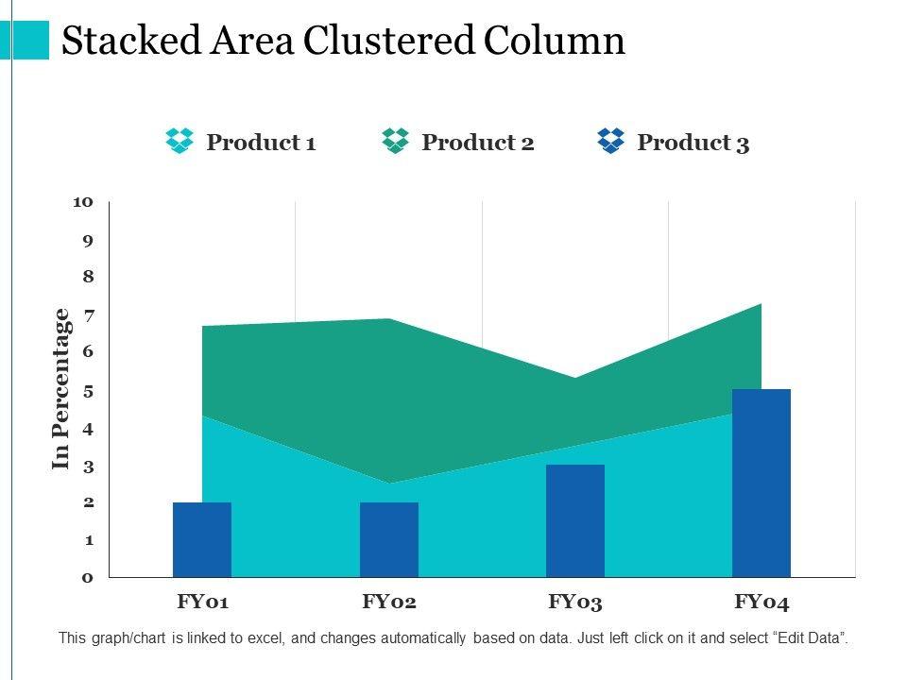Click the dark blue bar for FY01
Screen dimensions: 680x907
[x=202, y=539]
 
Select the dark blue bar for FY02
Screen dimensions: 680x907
[x=389, y=539]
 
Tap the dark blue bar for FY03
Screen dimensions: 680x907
[x=575, y=520]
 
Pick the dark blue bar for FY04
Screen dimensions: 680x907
[x=762, y=483]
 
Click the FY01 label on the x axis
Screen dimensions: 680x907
[x=203, y=602]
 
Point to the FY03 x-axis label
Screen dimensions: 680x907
[x=575, y=602]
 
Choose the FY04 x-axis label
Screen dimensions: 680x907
[x=762, y=602]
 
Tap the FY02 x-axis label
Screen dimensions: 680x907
[x=389, y=602]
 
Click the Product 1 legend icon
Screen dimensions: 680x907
[x=180, y=142]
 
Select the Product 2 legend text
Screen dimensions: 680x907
[x=478, y=143]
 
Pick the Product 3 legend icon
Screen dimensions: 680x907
[x=611, y=142]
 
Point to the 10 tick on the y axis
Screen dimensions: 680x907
[x=83, y=202]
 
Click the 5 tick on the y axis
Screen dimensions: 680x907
[x=88, y=390]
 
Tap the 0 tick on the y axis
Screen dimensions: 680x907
[x=88, y=577]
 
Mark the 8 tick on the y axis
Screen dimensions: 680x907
[x=88, y=277]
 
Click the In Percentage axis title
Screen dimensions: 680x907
[x=62, y=388]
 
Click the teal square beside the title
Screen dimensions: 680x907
[x=30, y=40]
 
